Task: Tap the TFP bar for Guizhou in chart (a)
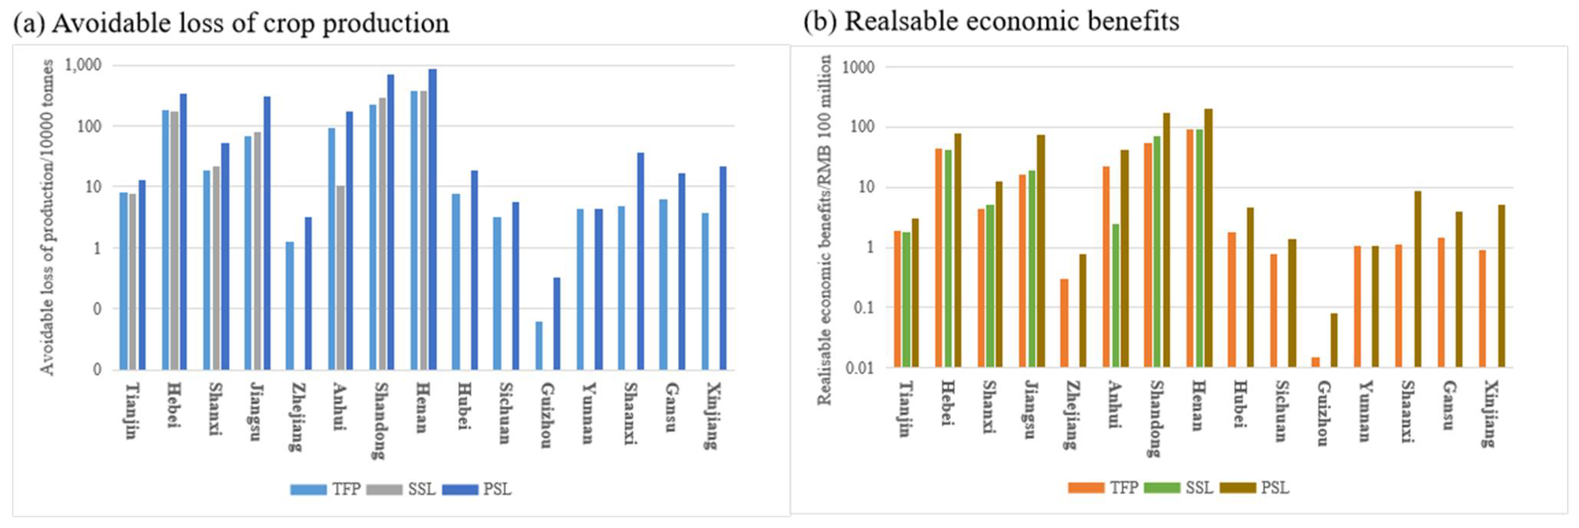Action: click(539, 346)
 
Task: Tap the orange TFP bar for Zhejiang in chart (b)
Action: click(1064, 323)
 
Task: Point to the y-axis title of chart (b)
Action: click(824, 230)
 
